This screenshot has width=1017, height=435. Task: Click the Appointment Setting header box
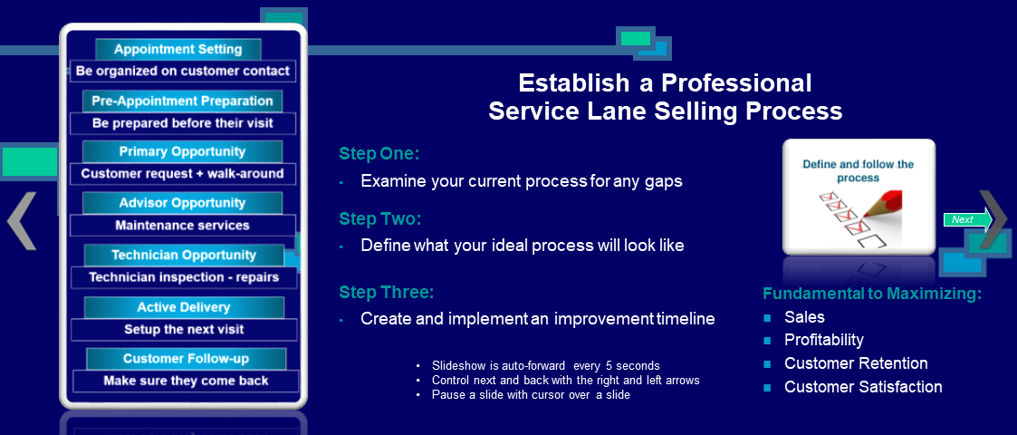(177, 49)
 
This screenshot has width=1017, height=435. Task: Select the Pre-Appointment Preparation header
(182, 101)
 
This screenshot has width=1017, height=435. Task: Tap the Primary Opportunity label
(182, 152)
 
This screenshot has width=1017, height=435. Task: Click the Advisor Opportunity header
(182, 203)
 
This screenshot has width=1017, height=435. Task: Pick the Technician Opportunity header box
(184, 256)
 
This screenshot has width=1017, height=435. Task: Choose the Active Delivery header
(184, 307)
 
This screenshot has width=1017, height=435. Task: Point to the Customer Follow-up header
(187, 359)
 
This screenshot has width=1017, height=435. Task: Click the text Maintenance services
(182, 226)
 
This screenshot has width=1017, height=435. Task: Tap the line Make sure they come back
(187, 382)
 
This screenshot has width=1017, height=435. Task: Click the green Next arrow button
(968, 219)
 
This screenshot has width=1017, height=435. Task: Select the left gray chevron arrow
(22, 221)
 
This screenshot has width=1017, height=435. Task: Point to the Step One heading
(379, 154)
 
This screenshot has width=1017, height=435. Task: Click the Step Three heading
(386, 293)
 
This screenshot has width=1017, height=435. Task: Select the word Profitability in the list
(824, 340)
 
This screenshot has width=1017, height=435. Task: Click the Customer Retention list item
(856, 363)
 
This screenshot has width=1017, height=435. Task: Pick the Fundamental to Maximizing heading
(872, 294)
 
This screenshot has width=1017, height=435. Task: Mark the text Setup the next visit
(184, 329)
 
